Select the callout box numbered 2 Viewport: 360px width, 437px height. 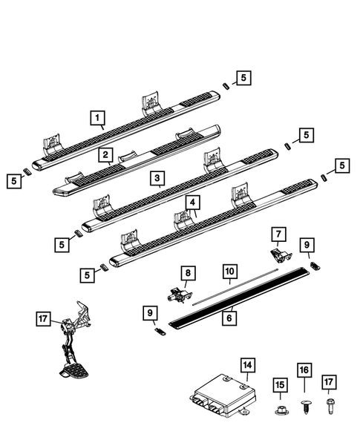[108, 155]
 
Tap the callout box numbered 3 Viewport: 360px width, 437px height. [156, 178]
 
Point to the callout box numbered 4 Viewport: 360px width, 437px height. [192, 202]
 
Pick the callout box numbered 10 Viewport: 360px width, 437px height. [229, 271]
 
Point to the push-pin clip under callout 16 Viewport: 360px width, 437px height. [304, 404]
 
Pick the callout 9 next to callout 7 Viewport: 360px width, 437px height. [307, 243]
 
